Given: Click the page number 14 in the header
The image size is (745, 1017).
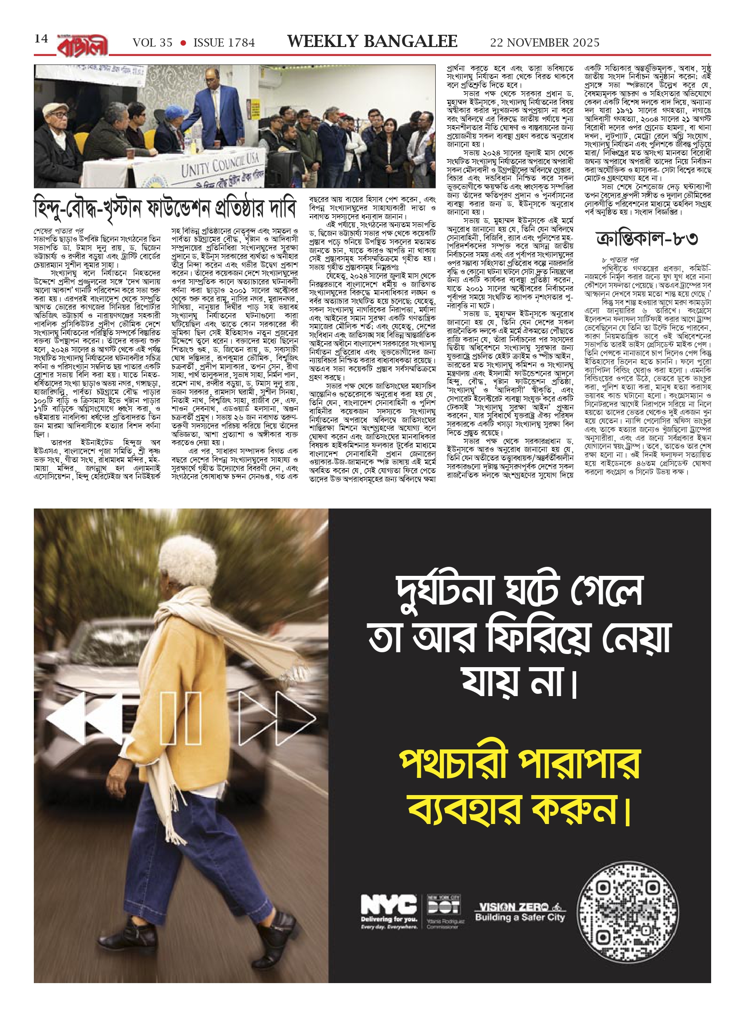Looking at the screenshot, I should pos(41,39).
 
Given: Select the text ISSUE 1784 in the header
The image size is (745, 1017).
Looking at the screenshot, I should pos(224,43).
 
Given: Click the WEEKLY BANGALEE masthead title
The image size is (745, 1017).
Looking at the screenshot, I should pos(372,42).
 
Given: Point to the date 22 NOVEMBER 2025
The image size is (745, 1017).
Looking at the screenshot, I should pos(545,43).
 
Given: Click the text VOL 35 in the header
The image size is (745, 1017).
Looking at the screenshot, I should pos(153,43).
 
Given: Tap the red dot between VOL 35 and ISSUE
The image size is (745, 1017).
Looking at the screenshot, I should pos(183,43).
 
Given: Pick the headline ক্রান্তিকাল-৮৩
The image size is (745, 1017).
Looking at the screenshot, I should pos(647,239).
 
